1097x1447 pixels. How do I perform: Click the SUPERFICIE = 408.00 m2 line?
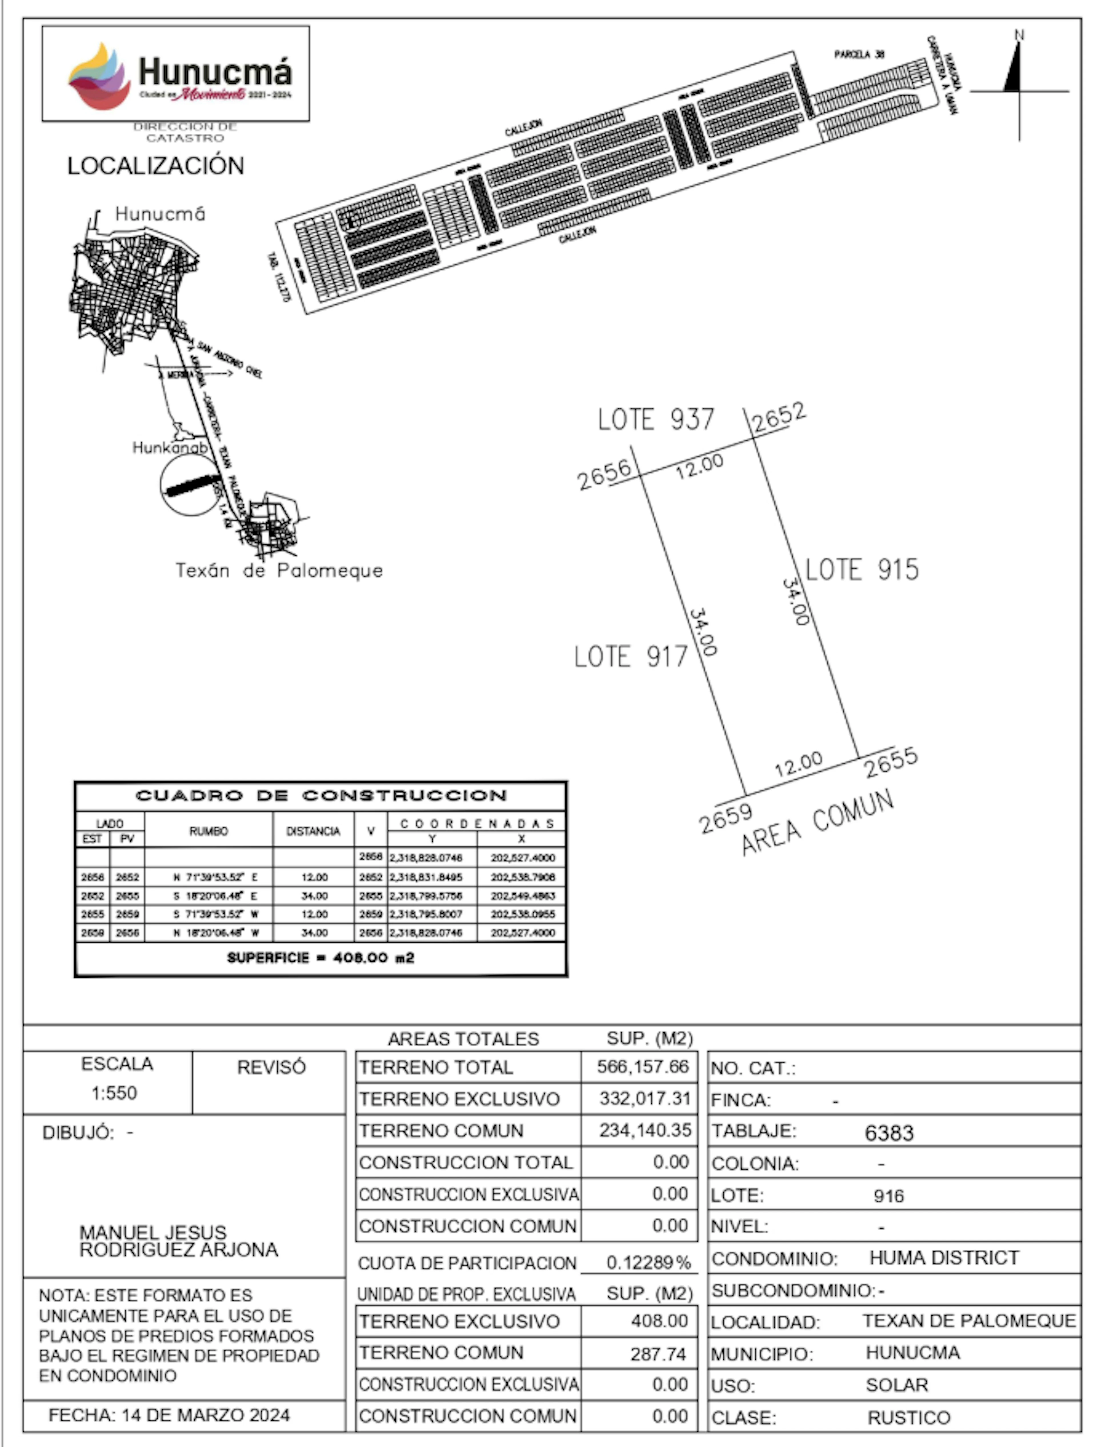point(321,958)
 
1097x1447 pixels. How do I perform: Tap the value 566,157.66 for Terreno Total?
point(642,1067)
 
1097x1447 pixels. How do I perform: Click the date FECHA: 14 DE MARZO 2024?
point(169,1415)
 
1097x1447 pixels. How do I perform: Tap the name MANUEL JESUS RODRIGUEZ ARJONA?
point(178,1241)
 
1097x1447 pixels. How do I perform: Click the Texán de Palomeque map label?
point(279,570)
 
